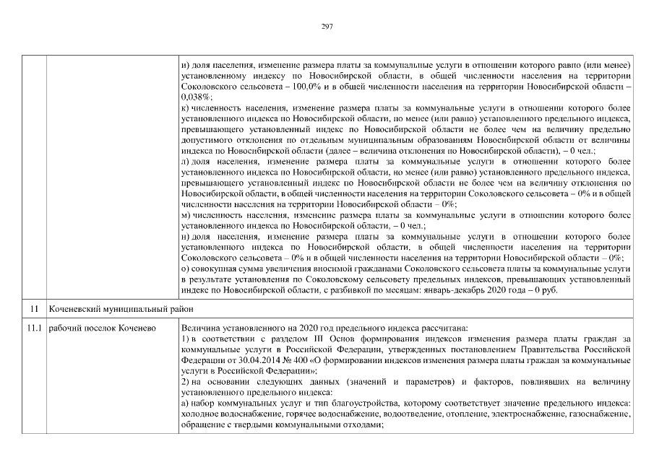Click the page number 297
(x=327, y=26)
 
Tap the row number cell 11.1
(x=33, y=328)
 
